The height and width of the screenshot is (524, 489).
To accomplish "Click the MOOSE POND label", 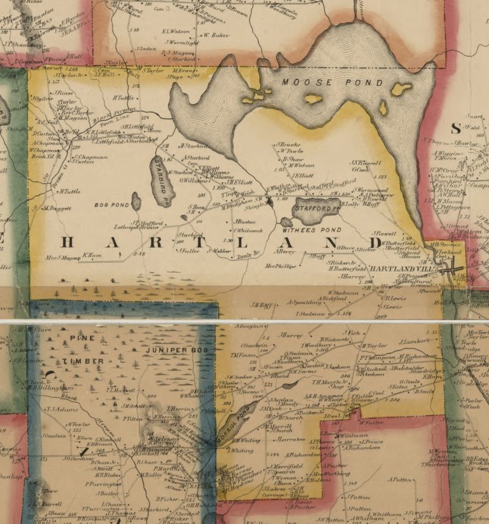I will pos(332,83).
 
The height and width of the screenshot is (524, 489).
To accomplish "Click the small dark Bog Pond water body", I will pos(136,202).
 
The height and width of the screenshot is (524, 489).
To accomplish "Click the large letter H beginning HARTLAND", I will pos(69,243).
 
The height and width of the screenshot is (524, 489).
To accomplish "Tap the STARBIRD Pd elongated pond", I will pos(162,181).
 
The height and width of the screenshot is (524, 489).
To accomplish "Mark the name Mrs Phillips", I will pos(281,266).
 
